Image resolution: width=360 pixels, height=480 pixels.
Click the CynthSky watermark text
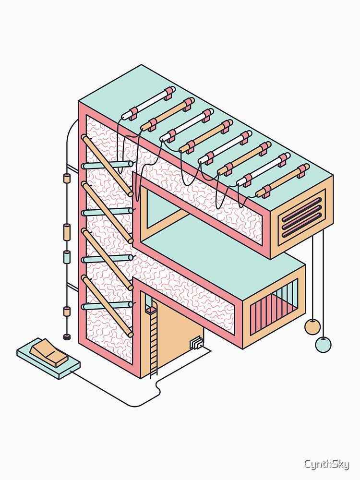coord(326,464)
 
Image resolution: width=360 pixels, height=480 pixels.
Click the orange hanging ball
coord(312,326)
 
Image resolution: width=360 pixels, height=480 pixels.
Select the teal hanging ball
coord(323,344)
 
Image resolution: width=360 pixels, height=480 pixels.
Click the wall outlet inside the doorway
coord(196,343)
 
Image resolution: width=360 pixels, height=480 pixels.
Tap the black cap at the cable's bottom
coord(66,337)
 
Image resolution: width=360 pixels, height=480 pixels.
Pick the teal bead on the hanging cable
coord(66,257)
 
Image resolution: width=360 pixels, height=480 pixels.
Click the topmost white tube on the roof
coord(148,103)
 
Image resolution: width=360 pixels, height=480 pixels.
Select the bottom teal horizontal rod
coord(107,305)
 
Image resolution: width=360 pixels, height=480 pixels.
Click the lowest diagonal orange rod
coord(107,306)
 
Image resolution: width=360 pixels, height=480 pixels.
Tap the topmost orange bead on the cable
coord(66,179)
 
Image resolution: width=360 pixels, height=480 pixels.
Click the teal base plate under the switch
coord(48,359)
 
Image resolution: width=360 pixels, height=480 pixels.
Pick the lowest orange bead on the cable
coord(66,311)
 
